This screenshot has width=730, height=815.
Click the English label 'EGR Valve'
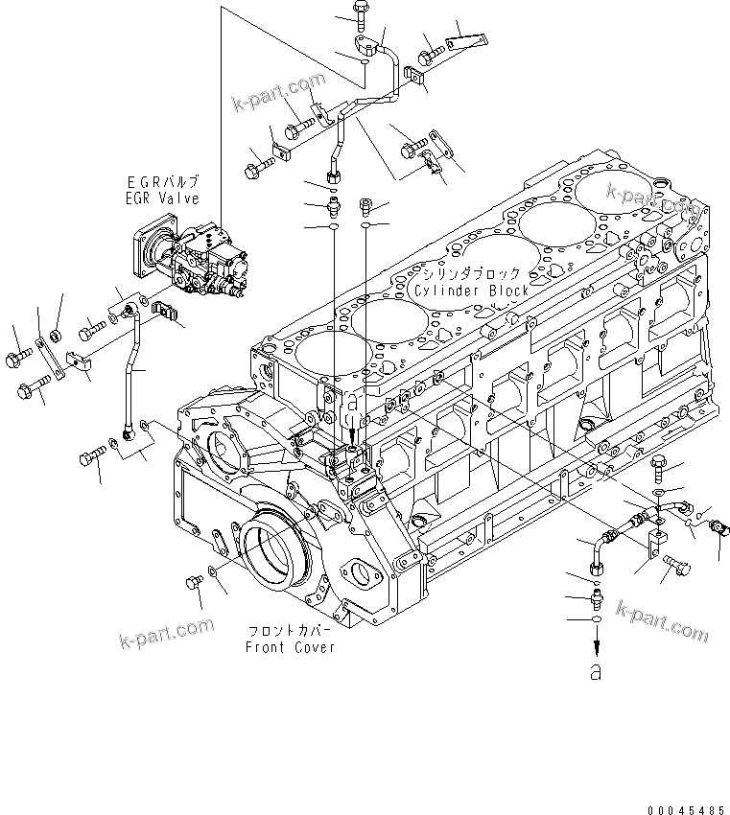point(161,198)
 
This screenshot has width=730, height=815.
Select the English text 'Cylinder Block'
point(470,291)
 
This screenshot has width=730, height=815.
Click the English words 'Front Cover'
point(290,647)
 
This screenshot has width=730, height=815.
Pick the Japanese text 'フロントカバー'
point(290,632)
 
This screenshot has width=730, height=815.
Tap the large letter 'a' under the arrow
point(596,672)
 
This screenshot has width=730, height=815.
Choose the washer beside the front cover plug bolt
point(213,578)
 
